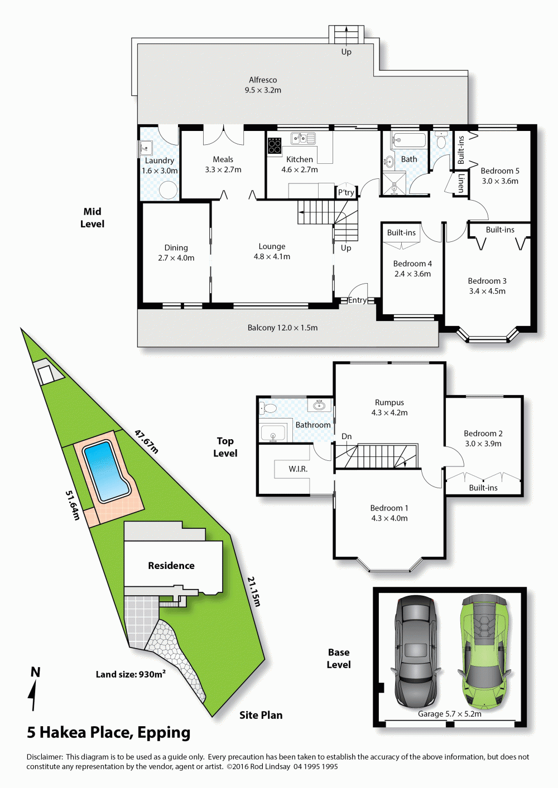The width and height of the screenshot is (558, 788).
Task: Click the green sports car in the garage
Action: [x=484, y=652]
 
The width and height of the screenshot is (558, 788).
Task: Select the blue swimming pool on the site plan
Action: [x=106, y=471]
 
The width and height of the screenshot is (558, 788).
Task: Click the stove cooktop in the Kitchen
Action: [x=275, y=145]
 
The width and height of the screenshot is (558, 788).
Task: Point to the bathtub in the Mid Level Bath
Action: [x=408, y=140]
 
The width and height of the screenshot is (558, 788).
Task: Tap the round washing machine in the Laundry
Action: [x=168, y=190]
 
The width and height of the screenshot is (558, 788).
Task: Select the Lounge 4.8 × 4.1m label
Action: [x=272, y=251]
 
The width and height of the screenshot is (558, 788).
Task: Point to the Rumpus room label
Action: [x=389, y=402]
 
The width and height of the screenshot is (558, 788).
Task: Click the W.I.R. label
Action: [x=298, y=469]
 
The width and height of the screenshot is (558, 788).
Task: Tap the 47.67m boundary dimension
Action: [x=146, y=441]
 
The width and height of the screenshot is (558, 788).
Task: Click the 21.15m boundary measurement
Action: [x=254, y=591]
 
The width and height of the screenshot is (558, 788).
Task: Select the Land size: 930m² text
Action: [x=131, y=674]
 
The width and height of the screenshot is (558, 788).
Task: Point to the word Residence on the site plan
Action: [x=171, y=565]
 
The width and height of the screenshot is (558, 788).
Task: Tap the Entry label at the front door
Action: [x=357, y=300]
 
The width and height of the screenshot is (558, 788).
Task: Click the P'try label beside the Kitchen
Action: [x=346, y=192]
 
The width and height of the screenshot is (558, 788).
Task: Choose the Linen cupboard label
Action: [x=461, y=182]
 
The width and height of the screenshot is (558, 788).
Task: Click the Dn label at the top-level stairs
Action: [x=347, y=436]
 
